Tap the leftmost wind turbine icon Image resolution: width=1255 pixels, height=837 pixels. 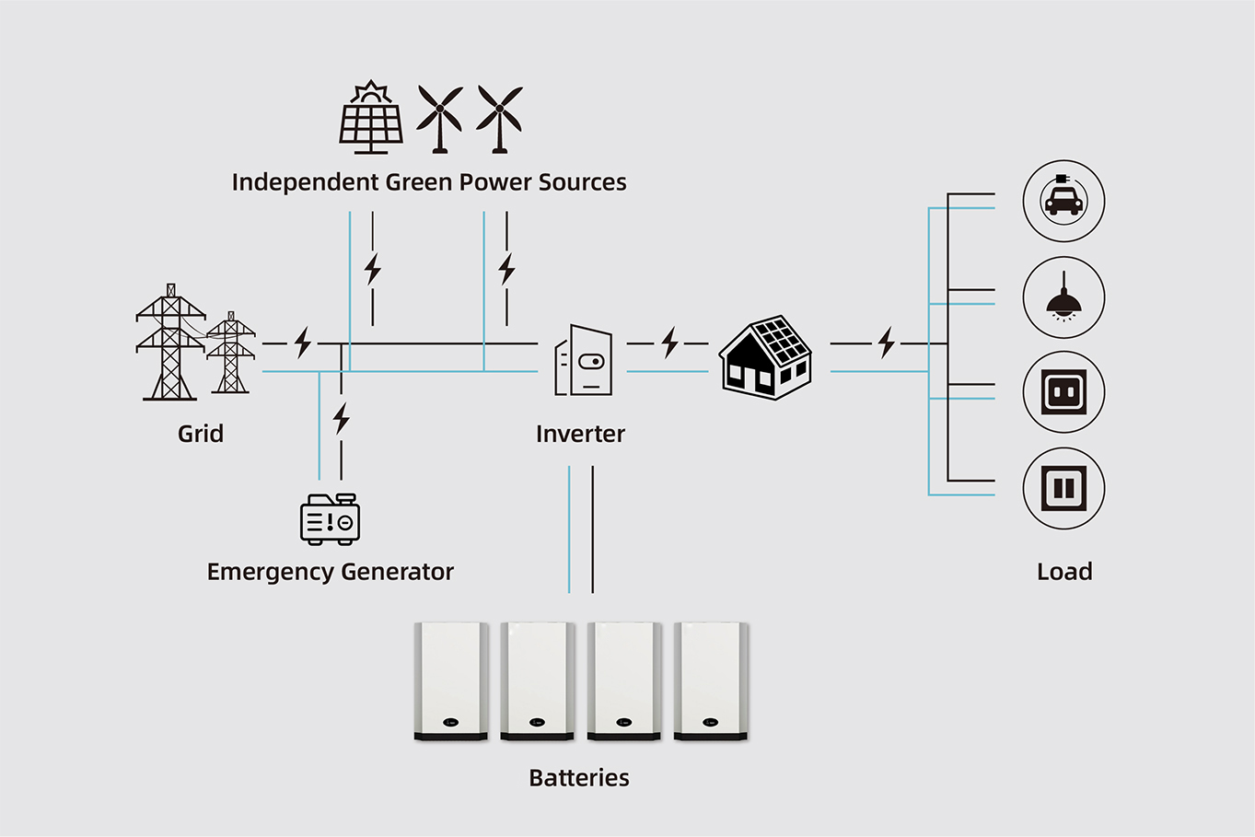440,118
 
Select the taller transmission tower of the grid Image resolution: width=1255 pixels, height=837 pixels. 170,342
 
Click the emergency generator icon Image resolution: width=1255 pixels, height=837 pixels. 330,518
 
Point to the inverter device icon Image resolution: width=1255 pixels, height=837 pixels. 583,360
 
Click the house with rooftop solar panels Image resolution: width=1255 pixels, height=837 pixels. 765,357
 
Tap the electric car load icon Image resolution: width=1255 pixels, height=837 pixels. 1063,201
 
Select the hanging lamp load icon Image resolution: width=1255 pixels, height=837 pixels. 1063,296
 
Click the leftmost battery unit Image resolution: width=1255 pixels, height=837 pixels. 451,681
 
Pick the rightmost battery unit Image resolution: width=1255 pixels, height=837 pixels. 711,681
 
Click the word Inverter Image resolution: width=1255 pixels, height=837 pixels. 580,435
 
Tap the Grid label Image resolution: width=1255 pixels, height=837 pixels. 201,434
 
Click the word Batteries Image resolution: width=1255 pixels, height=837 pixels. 579,778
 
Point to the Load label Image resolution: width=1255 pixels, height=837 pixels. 1064,572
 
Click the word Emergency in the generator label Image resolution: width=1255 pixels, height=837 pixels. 272,573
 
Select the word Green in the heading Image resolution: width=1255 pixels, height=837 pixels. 419,182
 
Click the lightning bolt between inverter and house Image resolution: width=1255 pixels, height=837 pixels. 669,343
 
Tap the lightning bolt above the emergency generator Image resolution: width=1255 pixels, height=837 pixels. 342,418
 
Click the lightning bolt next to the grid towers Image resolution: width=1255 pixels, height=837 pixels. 303,343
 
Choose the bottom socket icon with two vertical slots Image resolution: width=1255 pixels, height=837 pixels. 1063,488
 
